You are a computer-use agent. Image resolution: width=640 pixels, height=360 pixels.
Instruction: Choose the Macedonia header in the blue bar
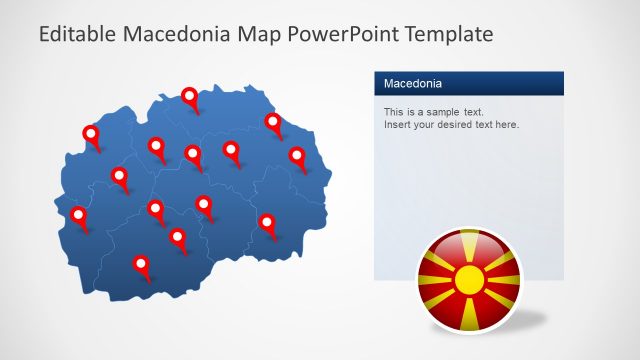413,83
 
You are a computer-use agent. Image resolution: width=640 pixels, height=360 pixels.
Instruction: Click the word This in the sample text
394,112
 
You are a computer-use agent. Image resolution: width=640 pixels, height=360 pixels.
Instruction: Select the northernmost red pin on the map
190,96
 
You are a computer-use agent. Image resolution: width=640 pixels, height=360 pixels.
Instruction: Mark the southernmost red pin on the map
141,264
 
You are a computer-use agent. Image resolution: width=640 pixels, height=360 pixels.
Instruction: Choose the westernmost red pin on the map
79,215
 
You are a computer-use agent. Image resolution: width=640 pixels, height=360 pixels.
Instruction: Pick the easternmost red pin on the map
297,155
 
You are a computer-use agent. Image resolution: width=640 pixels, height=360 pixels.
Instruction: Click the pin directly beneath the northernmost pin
193,154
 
